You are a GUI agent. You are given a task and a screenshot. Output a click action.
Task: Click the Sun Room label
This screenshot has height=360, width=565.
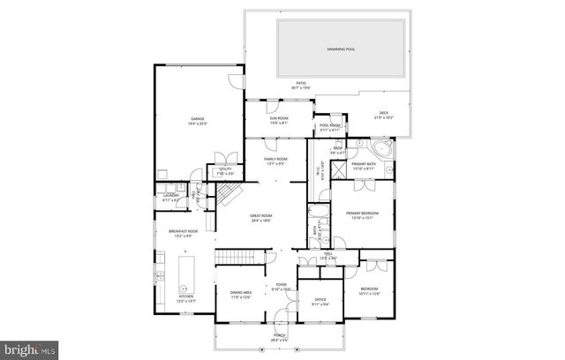tap(278, 120)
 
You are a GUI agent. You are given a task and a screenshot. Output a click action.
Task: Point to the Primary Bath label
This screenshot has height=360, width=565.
tap(363, 165)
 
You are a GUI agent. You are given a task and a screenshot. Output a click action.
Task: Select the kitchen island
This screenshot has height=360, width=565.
tap(185, 274)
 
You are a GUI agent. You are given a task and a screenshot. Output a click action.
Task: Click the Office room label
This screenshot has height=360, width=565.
tap(320, 302)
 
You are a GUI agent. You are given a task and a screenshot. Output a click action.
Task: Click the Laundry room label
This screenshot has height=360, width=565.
tap(171, 199)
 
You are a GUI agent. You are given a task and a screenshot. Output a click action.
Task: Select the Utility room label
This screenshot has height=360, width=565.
tap(225, 169)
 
